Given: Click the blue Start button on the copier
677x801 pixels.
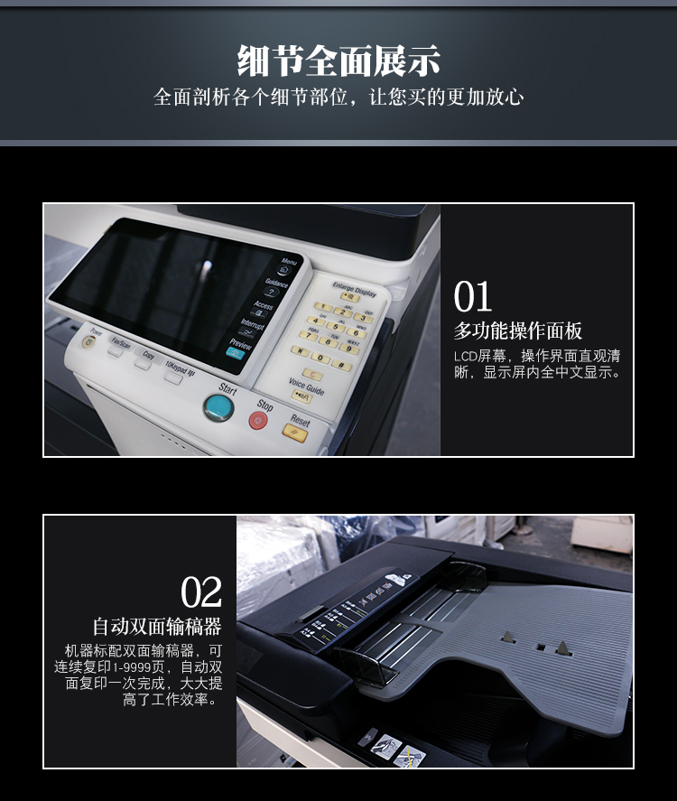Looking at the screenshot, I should click(x=218, y=407).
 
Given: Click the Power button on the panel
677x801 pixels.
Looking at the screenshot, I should click(x=88, y=341).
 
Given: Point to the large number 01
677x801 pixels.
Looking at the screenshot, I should click(x=473, y=297).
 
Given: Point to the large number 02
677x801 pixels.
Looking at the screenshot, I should click(x=200, y=593).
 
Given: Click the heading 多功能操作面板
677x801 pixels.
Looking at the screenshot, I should click(x=517, y=331).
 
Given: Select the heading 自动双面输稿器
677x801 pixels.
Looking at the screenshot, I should click(x=157, y=626).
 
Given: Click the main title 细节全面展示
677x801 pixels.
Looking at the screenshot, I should click(x=338, y=61).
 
